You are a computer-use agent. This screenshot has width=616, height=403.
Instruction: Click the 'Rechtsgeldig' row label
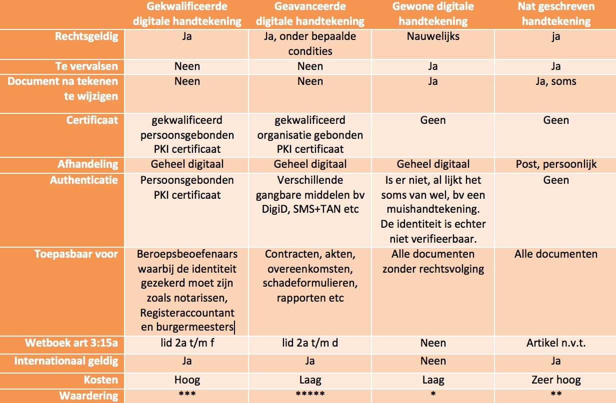point(86,36)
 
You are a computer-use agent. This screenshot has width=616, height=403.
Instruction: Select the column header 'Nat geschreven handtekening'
point(556,14)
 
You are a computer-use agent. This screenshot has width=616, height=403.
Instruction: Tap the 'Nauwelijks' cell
point(433,36)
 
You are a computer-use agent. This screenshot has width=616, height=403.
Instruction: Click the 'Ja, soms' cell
point(556,81)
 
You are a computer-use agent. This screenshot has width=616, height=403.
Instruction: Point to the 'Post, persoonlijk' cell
point(556,164)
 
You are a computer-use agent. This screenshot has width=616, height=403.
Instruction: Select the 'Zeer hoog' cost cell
point(556,380)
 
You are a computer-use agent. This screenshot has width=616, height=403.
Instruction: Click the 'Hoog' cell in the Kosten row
point(187,380)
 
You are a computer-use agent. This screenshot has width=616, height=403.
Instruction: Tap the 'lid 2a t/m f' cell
point(187,343)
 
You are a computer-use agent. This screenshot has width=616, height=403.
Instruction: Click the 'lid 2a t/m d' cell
point(310,343)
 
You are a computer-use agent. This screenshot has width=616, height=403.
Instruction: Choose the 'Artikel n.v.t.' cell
point(556,343)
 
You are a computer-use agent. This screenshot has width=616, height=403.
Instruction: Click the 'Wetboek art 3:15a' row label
point(72,343)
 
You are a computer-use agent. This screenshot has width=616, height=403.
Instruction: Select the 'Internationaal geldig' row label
point(66,361)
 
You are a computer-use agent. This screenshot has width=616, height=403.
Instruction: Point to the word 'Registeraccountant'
point(187,313)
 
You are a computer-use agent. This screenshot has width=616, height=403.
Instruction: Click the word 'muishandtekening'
point(433,209)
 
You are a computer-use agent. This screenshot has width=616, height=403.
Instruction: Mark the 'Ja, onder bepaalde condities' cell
point(310,43)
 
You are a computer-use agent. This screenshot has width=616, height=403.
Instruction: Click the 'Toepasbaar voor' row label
point(76,254)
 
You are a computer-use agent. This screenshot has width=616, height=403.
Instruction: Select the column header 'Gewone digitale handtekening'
point(433,14)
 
